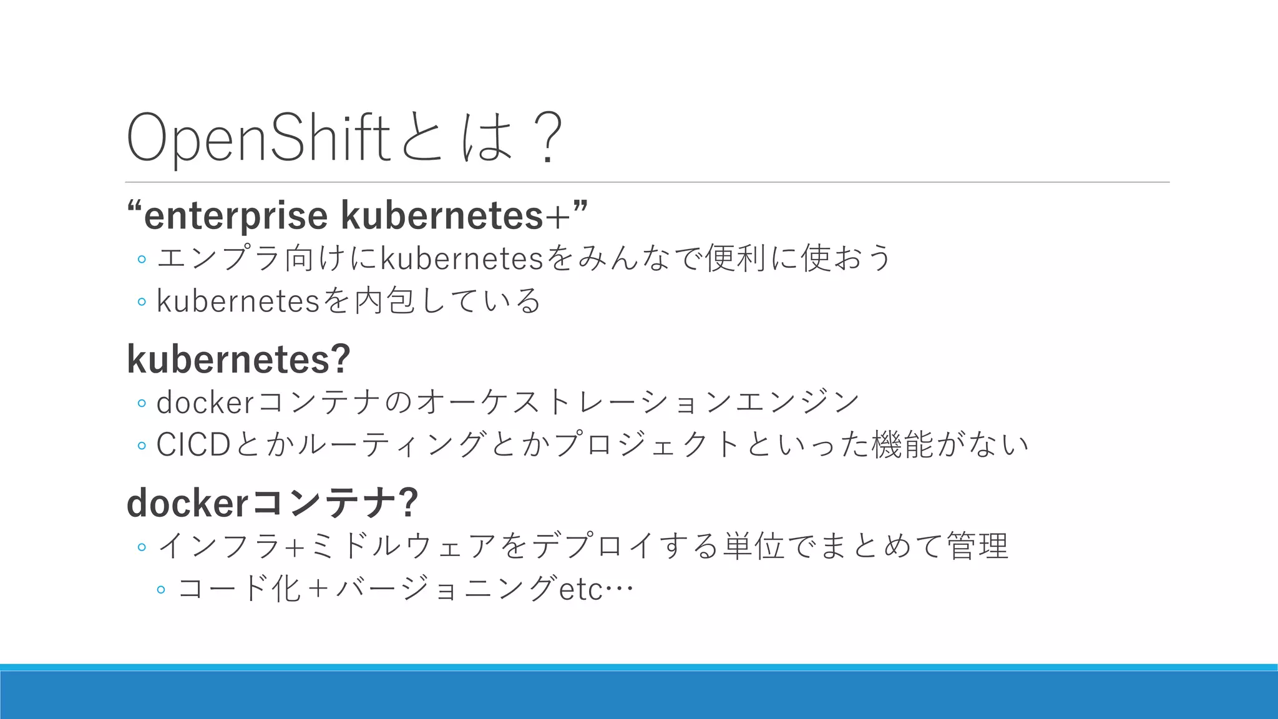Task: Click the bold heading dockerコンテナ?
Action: click(272, 502)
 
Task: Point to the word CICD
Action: click(193, 445)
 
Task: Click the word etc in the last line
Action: click(581, 589)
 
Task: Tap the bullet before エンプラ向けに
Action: click(142, 259)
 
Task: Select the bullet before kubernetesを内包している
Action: click(142, 302)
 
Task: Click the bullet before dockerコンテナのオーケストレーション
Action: click(142, 403)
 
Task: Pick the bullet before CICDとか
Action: click(142, 446)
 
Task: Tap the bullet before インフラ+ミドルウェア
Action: click(142, 547)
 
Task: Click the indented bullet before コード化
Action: click(161, 590)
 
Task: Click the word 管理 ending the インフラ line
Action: click(977, 546)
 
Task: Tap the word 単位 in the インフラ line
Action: click(754, 546)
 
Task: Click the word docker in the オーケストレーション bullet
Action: click(205, 403)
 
